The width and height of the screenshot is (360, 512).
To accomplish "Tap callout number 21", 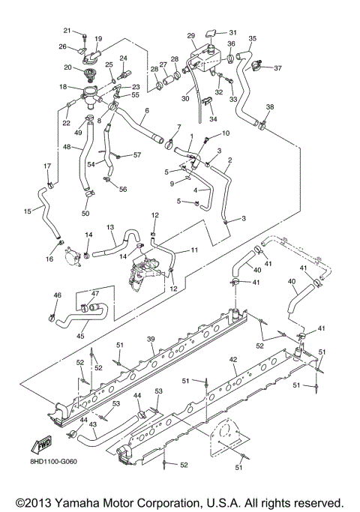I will [66, 31].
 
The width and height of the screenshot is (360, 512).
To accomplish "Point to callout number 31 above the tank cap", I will [232, 32].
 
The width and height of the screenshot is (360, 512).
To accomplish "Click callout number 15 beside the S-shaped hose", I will [28, 211].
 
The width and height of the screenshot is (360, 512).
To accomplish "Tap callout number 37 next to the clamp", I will [278, 68].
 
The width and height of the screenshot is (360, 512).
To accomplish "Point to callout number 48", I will [66, 148].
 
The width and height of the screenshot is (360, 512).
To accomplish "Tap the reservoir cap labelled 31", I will [214, 34].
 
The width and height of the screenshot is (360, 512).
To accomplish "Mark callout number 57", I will [137, 155].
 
